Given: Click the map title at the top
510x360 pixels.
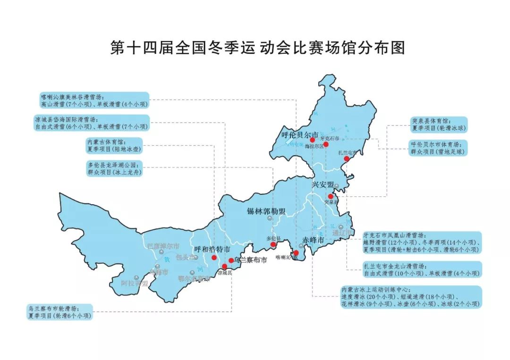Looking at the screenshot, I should click(x=257, y=48).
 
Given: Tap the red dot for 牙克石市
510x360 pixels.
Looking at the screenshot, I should click(x=325, y=144).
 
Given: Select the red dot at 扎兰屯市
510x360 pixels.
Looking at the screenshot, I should click(x=346, y=159).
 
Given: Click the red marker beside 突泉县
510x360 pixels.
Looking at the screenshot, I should click(x=331, y=196).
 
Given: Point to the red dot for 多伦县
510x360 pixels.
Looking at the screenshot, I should click(x=273, y=245).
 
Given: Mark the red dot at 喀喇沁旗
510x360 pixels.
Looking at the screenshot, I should click(x=296, y=253).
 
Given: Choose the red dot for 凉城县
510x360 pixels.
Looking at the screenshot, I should click(x=224, y=267).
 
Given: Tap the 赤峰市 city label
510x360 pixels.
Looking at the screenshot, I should click(x=313, y=241).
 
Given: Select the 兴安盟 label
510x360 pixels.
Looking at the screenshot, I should click(x=323, y=184).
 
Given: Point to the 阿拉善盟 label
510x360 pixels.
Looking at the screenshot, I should click(x=135, y=284).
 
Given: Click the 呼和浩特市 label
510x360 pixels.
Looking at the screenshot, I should click(x=212, y=249).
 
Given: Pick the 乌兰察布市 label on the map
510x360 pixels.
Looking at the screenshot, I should click(x=250, y=260).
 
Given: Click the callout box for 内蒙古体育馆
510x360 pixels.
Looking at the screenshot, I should click(x=114, y=145).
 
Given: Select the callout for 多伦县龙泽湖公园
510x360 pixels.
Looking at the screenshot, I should click(x=114, y=168).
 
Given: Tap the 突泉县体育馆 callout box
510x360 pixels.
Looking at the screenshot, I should click(x=439, y=124).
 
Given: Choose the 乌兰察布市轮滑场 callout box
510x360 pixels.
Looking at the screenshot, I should click(x=60, y=312).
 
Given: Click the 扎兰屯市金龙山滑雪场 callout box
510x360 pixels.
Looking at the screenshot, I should click(x=422, y=269).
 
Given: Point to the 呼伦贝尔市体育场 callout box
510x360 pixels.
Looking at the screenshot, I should click(x=439, y=148).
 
